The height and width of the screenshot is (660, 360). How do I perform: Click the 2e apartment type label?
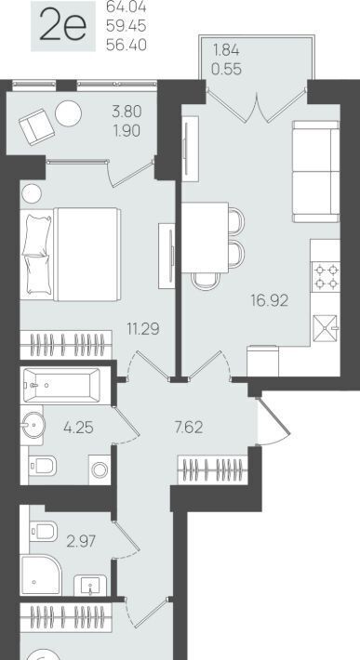coord(62,26)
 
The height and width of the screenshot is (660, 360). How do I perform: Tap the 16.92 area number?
coord(270,300)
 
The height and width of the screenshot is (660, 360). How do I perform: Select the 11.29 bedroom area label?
coord(143,328)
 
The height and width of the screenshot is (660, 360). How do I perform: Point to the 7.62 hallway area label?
coord(189,428)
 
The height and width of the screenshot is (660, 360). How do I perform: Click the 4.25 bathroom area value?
coord(78,428)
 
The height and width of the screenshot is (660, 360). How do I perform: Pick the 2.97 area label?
coord(81,541)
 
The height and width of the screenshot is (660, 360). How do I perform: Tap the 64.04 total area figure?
coord(127,7)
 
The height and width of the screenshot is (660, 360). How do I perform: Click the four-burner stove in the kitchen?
coord(326,276)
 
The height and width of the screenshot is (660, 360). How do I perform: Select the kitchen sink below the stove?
coord(327,328)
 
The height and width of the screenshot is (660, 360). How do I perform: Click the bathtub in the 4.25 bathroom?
coord(61,385)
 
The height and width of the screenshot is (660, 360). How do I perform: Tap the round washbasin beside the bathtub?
coord(32,425)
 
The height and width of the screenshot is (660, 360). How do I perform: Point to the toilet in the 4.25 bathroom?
coord(43,466)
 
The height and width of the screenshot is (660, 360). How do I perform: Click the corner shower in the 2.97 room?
coord(41,574)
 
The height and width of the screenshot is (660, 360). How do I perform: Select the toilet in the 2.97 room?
coord(44,531)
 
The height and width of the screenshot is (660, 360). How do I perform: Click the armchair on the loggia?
coord(36,126)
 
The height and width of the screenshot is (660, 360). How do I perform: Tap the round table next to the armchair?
coord(68,113)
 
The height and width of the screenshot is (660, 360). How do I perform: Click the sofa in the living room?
coord(315,171)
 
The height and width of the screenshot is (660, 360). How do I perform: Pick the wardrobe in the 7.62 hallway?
coord(213,469)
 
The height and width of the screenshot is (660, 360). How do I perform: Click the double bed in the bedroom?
coord(71,254)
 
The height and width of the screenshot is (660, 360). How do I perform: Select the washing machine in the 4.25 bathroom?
coord(100,469)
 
